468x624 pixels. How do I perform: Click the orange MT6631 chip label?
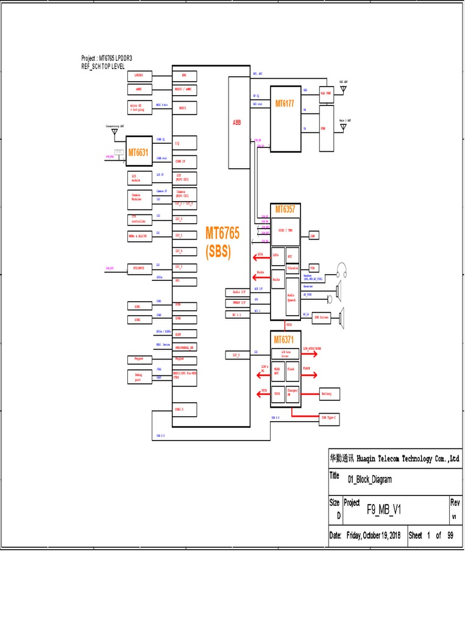(138, 152)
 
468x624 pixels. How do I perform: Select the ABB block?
(237, 122)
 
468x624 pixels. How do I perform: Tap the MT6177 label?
(285, 104)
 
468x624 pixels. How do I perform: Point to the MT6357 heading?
(285, 209)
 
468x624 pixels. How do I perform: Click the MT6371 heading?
(285, 339)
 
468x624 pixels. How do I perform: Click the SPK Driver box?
(321, 317)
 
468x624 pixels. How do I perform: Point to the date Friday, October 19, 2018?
(374, 536)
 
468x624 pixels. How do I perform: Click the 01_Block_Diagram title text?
(370, 479)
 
